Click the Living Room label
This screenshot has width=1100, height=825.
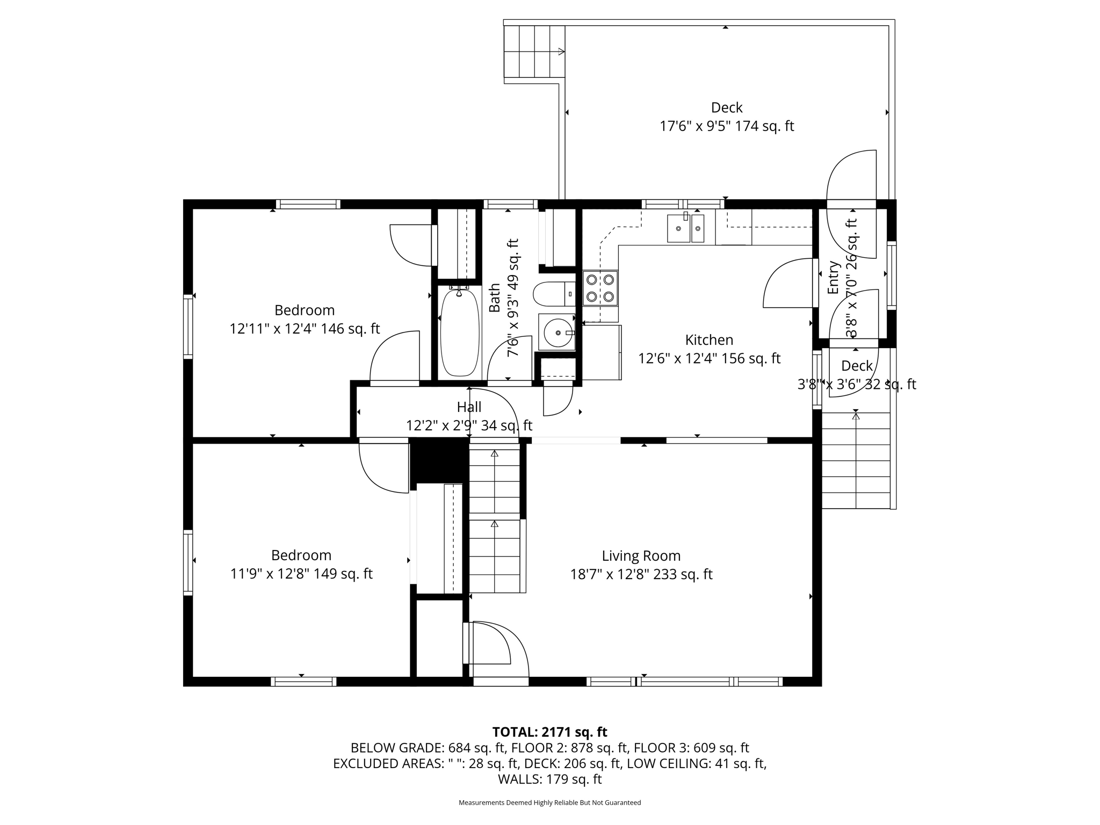pyautogui.click(x=641, y=556)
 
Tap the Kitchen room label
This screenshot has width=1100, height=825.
pyautogui.click(x=709, y=340)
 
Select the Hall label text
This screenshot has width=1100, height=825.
pyautogui.click(x=469, y=407)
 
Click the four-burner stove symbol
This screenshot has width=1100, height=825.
pyautogui.click(x=600, y=288)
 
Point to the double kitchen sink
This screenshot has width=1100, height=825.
pyautogui.click(x=685, y=228)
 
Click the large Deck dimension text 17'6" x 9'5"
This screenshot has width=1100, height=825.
pyautogui.click(x=726, y=126)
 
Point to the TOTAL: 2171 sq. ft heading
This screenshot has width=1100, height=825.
pyautogui.click(x=549, y=732)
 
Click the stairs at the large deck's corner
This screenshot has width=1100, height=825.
pyautogui.click(x=534, y=52)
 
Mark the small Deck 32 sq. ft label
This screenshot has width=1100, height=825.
pyautogui.click(x=857, y=366)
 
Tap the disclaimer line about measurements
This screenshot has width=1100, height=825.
pyautogui.click(x=549, y=802)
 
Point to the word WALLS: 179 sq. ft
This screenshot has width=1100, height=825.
pyautogui.click(x=549, y=779)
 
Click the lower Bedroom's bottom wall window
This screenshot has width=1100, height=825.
pyautogui.click(x=303, y=682)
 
